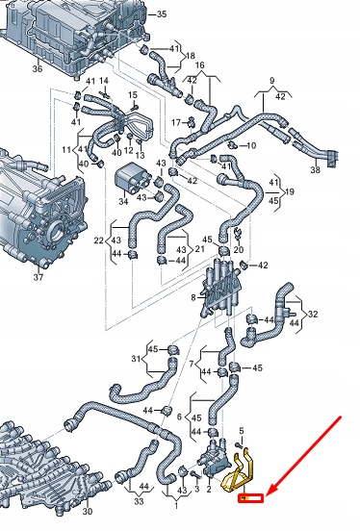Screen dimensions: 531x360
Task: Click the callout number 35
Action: click(161, 13)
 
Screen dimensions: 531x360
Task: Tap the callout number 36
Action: click(38, 68)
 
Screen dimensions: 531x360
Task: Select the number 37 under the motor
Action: click(38, 278)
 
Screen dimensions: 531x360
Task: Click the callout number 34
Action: click(123, 202)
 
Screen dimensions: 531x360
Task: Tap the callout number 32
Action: click(311, 314)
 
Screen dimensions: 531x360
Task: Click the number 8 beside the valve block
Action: click(195, 300)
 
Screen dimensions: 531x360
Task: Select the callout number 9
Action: click(271, 80)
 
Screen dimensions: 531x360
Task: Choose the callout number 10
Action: click(252, 145)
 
